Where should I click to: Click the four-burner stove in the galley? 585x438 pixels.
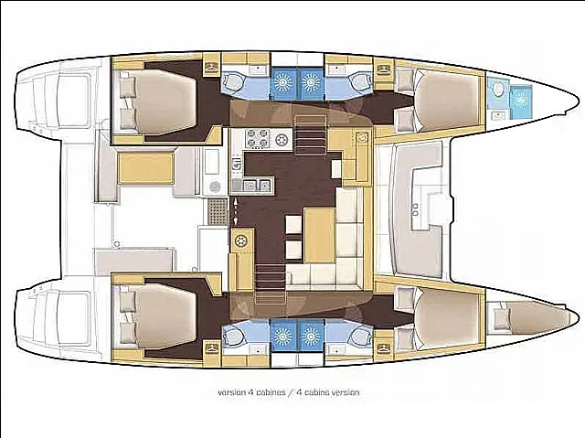[258, 138]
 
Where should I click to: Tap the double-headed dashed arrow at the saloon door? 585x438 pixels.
[236, 211]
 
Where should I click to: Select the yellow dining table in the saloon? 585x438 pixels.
[319, 235]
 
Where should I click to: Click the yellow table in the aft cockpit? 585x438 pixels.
[146, 168]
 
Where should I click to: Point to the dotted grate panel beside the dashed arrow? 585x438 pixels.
[218, 211]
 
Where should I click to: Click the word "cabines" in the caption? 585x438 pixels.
[271, 392]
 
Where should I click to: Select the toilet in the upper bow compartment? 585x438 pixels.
[497, 89]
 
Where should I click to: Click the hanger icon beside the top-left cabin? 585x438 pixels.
[212, 67]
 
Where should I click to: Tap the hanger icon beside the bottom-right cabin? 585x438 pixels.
[383, 348]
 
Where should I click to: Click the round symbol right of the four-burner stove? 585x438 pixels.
[282, 140]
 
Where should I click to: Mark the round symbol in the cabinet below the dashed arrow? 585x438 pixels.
[241, 241]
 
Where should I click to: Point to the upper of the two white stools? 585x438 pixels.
[293, 225]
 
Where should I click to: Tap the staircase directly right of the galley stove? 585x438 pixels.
[312, 135]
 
